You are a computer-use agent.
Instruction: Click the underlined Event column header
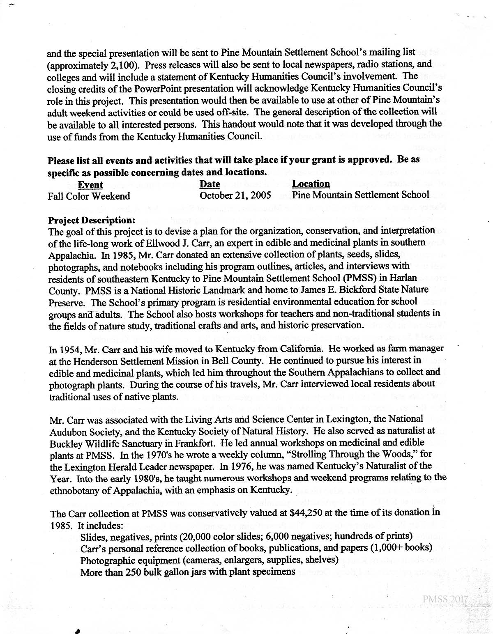tap(90, 185)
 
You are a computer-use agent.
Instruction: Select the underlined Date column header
tap(210, 184)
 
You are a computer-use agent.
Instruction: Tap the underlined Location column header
tap(311, 184)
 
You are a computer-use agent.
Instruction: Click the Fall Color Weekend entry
tap(89, 196)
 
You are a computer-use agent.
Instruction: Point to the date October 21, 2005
tap(235, 195)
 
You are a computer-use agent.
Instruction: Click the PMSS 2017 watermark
tap(445, 600)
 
